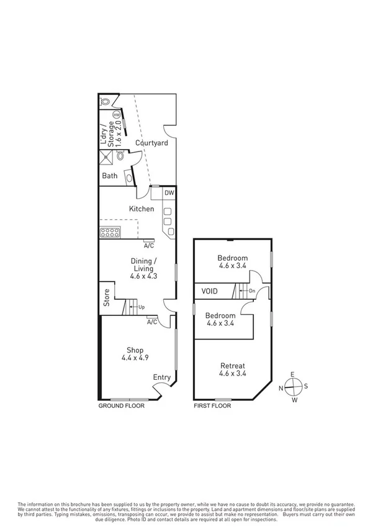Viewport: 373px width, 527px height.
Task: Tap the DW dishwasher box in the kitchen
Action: click(169, 193)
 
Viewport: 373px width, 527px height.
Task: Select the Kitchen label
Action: click(142, 209)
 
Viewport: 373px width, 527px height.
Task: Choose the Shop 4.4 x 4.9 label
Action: click(135, 353)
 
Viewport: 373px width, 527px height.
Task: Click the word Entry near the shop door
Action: click(161, 377)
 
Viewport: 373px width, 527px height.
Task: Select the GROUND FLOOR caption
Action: click(122, 405)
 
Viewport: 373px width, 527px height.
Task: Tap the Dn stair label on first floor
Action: click(251, 291)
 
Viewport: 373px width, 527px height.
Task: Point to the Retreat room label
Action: click(232, 369)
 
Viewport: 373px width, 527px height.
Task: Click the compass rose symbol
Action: click(294, 387)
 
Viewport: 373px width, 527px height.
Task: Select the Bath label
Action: click(110, 176)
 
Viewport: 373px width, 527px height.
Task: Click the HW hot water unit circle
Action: click(116, 115)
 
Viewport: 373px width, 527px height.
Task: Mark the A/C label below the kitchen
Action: click(148, 245)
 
